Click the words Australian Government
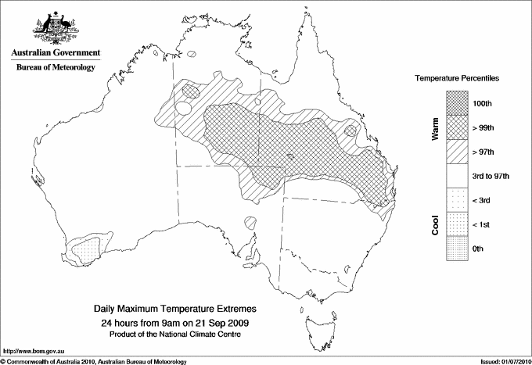pos(56,53)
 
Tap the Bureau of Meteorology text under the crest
pos(56,67)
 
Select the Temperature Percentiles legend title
pos(457,79)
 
